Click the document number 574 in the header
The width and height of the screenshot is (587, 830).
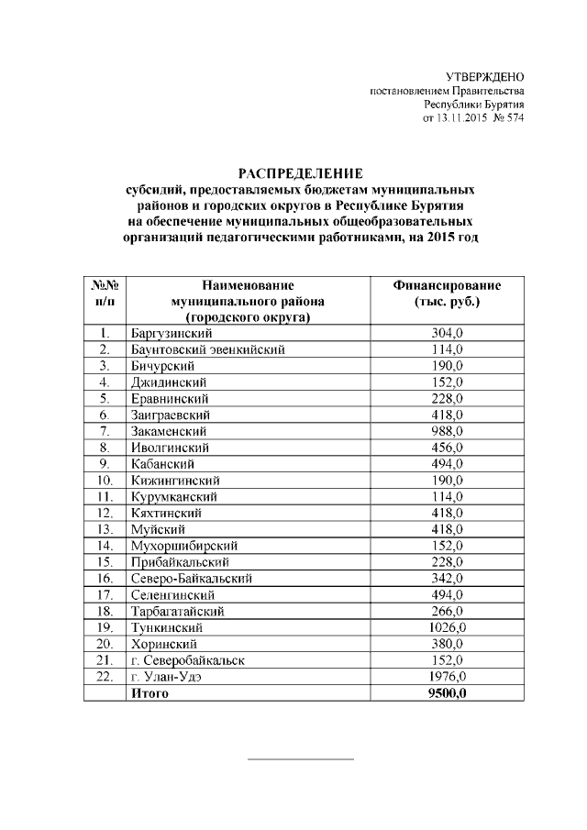pos(513,118)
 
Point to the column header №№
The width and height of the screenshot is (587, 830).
pos(105,285)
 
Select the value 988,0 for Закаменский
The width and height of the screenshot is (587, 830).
pos(447,431)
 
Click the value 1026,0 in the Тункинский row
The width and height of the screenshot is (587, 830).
pos(449,628)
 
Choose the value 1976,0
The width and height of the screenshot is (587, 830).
pos(449,678)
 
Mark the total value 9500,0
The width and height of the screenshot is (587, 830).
pos(448,694)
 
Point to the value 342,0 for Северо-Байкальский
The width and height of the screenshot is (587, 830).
pos(447,579)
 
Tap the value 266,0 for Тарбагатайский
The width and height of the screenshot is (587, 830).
pos(447,612)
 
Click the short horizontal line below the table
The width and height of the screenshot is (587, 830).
pos(301,759)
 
